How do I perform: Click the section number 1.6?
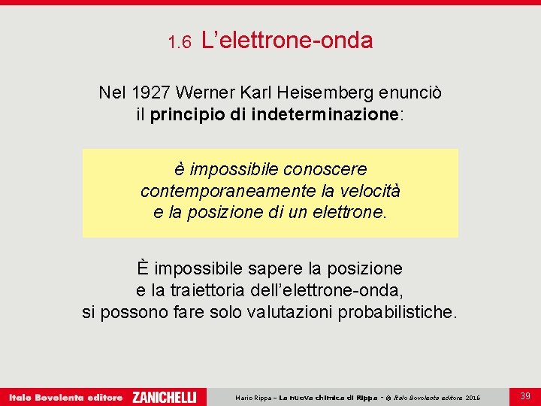tap(180, 42)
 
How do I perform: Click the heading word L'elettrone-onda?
tap(287, 41)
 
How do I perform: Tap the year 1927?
tap(151, 92)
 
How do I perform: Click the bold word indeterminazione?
tap(334, 115)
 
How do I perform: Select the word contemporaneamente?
tap(215, 191)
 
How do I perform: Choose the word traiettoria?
tap(207, 290)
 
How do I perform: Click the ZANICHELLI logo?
tap(164, 396)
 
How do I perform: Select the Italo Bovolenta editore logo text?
tap(65, 396)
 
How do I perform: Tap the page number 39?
tap(524, 395)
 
